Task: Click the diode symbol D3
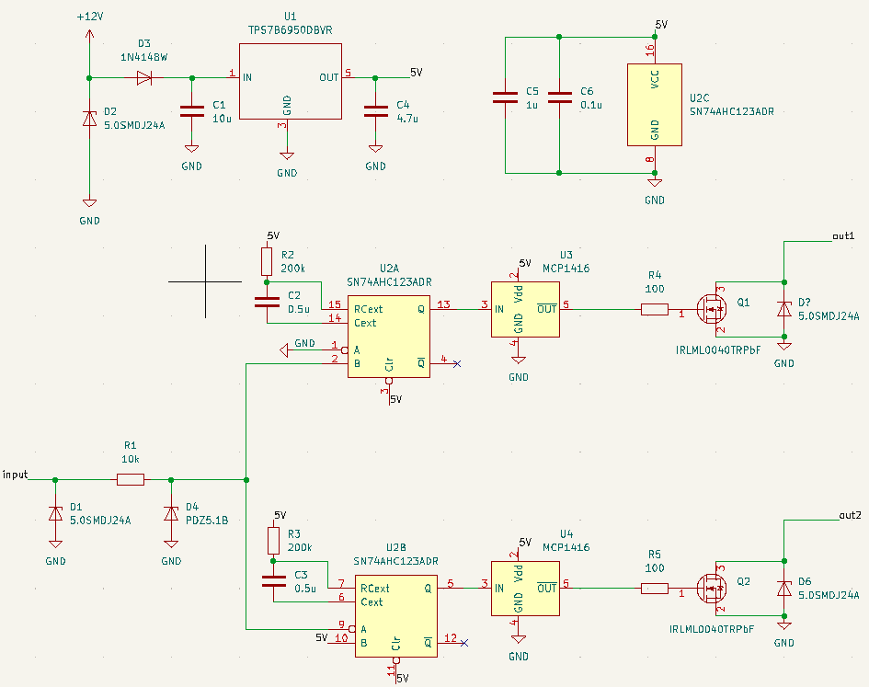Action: (x=143, y=78)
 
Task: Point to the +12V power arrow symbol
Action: (x=89, y=34)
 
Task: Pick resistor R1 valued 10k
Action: (x=131, y=479)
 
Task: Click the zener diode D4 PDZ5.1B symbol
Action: (x=171, y=513)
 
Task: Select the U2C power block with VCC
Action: (x=655, y=105)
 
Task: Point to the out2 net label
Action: (x=851, y=514)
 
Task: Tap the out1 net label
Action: (x=843, y=236)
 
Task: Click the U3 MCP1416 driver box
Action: (x=524, y=309)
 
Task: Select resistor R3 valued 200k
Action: (x=273, y=539)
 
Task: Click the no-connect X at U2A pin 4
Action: (x=457, y=364)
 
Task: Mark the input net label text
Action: (x=16, y=475)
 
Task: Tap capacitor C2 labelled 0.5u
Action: (x=267, y=302)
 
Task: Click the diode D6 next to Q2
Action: (x=783, y=588)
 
